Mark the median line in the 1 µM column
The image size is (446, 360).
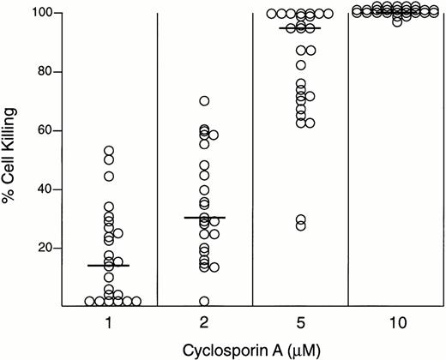click(109, 266)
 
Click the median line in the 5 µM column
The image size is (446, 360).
click(299, 28)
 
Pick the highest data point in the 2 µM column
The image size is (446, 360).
click(204, 101)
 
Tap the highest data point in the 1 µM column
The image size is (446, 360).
click(109, 151)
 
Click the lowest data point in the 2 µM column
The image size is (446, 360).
click(204, 301)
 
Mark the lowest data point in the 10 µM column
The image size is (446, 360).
click(396, 21)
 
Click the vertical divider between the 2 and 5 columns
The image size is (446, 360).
click(252, 159)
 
